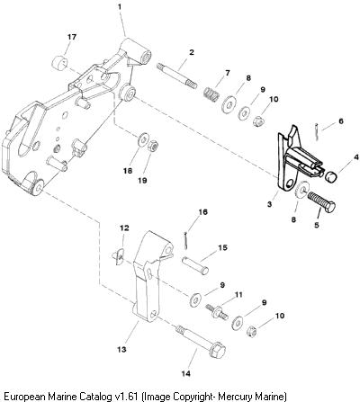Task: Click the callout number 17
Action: point(72,37)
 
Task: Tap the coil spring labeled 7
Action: point(211,94)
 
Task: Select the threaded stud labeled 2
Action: point(176,75)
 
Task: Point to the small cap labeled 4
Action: point(331,175)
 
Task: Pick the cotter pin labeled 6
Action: point(317,131)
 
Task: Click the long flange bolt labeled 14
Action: point(201,342)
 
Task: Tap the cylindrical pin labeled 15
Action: point(195,265)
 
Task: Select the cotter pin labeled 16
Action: point(187,240)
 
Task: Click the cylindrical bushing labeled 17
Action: point(58,64)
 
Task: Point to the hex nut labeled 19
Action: point(154,146)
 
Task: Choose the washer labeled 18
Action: point(143,139)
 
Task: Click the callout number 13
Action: point(121,349)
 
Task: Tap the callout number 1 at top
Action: point(120,6)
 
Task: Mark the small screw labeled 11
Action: point(217,311)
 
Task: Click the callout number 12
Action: point(124,228)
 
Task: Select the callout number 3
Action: point(269,204)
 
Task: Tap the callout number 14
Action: point(185,373)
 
